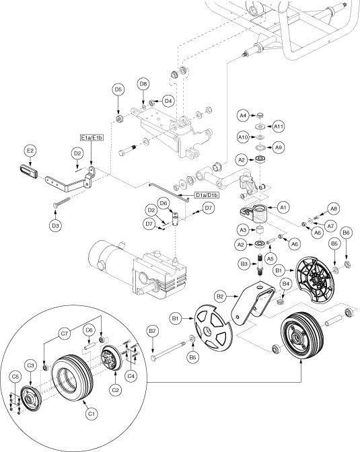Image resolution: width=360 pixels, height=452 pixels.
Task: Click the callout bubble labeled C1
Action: (91, 414)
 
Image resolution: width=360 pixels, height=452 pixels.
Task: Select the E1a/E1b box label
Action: (92, 138)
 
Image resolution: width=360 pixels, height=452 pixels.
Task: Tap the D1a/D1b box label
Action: (207, 195)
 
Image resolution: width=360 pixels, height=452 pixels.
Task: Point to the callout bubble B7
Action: (152, 331)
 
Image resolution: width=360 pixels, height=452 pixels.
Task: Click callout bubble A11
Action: (279, 126)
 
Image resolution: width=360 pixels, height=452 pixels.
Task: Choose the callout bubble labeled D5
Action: (118, 89)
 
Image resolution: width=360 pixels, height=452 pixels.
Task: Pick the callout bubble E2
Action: (30, 151)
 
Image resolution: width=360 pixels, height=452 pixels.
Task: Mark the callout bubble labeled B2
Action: (220, 297)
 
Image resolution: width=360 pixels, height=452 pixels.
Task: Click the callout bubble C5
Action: (15, 377)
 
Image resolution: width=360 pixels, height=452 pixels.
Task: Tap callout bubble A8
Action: (334, 209)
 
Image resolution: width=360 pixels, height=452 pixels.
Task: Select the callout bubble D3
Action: (55, 225)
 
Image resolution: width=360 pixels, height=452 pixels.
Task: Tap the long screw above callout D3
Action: (61, 202)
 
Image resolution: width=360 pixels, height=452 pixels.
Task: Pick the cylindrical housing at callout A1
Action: (259, 214)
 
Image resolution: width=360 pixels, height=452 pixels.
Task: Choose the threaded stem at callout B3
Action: (260, 264)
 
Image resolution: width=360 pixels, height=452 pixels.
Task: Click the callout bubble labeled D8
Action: (143, 84)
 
